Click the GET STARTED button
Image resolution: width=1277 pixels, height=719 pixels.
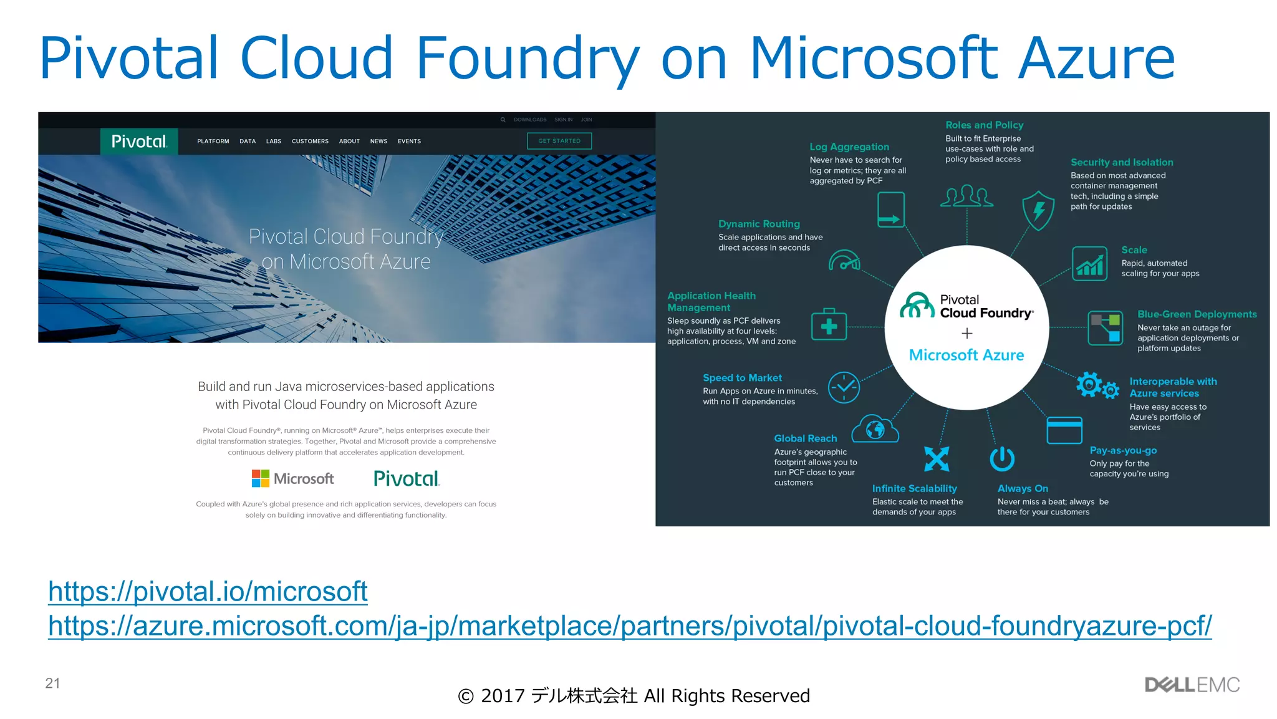coord(559,141)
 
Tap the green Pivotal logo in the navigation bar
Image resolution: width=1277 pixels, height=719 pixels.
coord(139,142)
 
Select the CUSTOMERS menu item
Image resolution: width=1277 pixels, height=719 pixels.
coord(310,142)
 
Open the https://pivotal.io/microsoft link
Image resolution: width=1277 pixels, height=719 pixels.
coord(208,591)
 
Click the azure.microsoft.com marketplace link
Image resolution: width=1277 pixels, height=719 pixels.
coord(630,625)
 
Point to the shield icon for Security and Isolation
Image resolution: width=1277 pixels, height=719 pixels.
coord(1038,210)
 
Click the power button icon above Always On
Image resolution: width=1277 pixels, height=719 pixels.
coord(1002,459)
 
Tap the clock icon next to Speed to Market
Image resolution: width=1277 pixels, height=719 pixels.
coord(844,387)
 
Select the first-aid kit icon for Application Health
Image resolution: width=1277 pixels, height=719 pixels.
coord(829,324)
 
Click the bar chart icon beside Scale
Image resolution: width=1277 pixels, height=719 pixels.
coord(1089,264)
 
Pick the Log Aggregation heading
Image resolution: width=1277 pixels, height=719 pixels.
coord(849,147)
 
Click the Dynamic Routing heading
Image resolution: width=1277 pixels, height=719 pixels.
coord(759,224)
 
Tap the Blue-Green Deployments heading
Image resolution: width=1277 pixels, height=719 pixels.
coord(1197,314)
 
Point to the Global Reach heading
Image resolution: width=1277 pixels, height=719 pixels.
coord(806,438)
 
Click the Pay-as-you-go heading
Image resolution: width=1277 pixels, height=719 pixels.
coord(1123,450)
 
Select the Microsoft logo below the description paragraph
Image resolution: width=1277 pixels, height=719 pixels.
coord(292,478)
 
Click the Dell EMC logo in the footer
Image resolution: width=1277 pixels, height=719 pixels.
coord(1192,685)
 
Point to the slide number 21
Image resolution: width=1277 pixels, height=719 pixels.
coord(52,683)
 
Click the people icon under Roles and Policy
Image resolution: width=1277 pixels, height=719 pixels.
coord(966,196)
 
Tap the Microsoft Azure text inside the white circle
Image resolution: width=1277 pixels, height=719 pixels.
coord(966,355)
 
